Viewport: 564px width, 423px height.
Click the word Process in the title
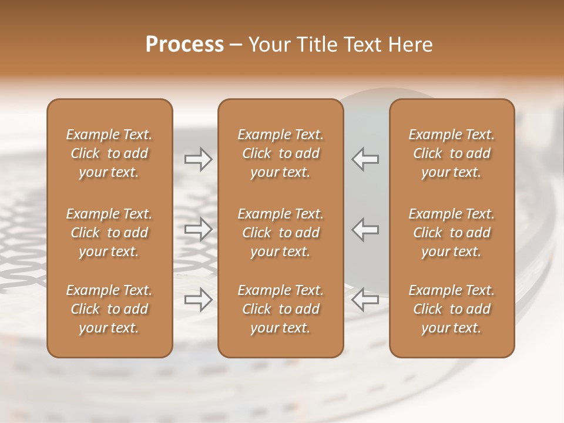184,44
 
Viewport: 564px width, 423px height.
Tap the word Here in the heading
409,44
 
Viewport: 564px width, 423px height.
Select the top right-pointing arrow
198,159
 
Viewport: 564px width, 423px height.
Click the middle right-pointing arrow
198,229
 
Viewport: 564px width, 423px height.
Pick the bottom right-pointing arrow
198,300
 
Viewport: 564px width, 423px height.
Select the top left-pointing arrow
365,159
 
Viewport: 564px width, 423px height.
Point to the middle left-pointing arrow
365,229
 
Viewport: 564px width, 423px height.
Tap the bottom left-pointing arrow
365,300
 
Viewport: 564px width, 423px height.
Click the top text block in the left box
109,153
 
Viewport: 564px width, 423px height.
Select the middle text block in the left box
109,233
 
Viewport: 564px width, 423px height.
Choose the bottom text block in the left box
109,309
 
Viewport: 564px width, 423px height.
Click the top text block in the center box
281,153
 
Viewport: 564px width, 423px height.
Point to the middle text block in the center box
281,233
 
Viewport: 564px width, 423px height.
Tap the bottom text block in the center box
281,309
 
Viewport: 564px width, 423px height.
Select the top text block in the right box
452,153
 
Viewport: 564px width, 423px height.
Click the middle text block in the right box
452,233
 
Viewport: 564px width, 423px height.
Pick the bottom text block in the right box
452,309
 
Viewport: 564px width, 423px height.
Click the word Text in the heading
360,44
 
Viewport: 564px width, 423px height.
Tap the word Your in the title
267,44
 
